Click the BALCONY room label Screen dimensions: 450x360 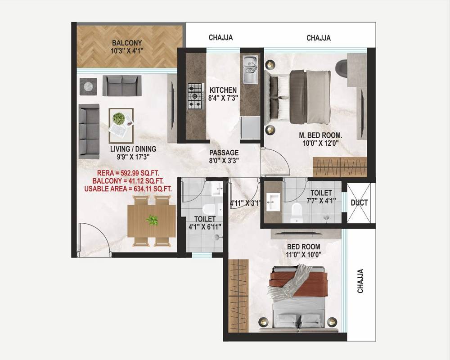tap(127, 43)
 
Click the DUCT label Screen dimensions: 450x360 tap(359, 202)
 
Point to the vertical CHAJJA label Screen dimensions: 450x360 tap(360, 281)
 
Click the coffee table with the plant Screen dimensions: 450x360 tap(121, 126)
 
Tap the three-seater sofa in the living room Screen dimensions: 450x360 tap(89, 131)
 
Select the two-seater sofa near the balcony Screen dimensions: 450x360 tap(122, 85)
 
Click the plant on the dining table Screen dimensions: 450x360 tap(152, 220)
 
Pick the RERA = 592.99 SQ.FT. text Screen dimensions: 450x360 tap(128, 173)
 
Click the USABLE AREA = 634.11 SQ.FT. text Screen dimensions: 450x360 tap(128, 189)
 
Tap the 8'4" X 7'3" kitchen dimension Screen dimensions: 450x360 tap(223, 98)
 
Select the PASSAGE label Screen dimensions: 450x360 tap(224, 153)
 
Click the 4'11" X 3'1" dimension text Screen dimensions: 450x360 tap(245, 203)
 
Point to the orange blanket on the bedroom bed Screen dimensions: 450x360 tap(298, 284)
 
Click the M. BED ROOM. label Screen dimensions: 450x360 tap(320, 135)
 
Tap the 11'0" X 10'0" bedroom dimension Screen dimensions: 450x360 tap(304, 254)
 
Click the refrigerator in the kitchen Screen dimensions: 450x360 tap(250, 127)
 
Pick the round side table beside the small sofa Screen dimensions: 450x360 tap(88, 86)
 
